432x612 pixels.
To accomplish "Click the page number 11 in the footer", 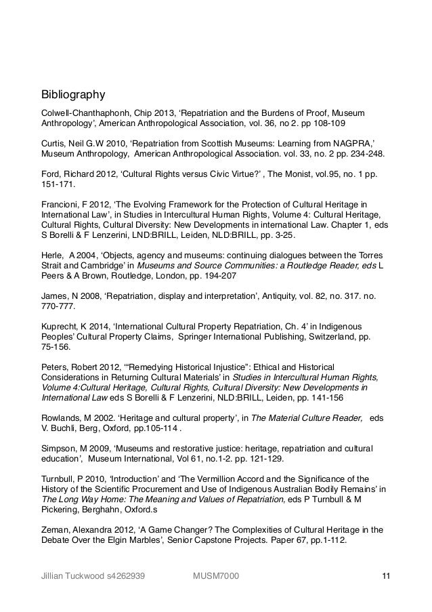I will point(386,577).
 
